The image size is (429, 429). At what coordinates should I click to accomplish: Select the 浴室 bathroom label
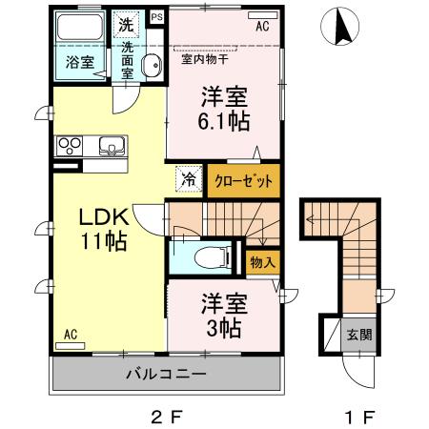pyautogui.click(x=78, y=62)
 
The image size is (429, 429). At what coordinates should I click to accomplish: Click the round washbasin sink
pyautogui.click(x=151, y=65)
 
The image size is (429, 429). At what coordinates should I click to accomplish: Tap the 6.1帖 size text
pyautogui.click(x=225, y=121)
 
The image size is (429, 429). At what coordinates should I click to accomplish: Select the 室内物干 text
pyautogui.click(x=205, y=59)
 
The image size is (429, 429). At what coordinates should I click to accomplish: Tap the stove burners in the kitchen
pyautogui.click(x=71, y=146)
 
